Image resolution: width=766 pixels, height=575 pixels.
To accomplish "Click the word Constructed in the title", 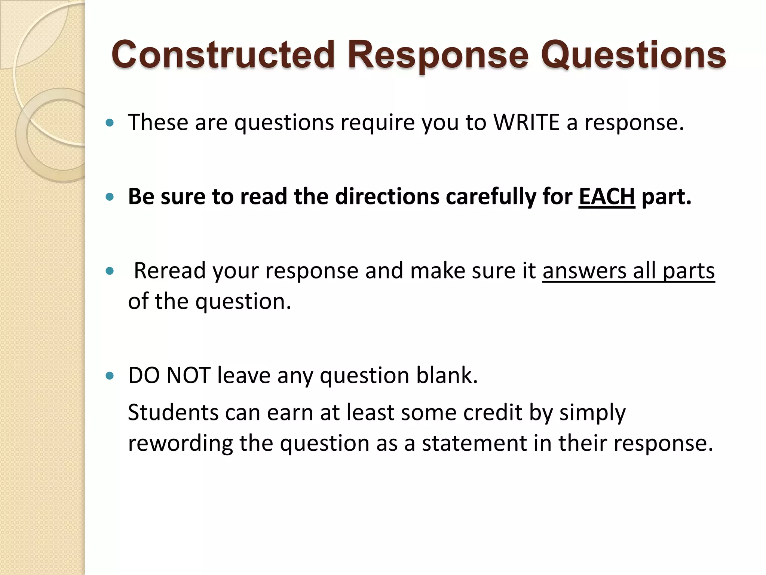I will point(223,55).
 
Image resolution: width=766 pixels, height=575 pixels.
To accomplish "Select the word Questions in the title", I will point(633,55).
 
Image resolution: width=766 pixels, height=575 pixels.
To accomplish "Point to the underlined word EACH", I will point(607,196).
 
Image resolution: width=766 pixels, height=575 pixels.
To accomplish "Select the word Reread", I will point(170,270).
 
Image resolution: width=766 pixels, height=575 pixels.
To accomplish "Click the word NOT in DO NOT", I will point(188,375).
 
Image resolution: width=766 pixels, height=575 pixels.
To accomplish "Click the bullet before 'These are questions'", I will point(110,123).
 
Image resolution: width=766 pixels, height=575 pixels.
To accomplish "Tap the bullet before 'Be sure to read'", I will point(110,197).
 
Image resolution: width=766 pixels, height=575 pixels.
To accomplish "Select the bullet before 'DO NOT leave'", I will point(110,375).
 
